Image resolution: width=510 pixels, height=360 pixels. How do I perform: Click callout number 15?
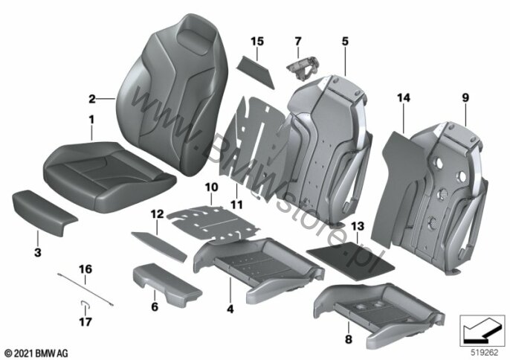click(x=257, y=42)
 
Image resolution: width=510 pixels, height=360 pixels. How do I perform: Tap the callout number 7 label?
click(x=298, y=42)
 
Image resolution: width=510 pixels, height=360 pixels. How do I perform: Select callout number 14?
click(x=403, y=97)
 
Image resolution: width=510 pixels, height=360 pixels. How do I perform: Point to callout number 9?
click(x=465, y=97)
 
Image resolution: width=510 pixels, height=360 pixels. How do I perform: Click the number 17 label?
click(x=85, y=322)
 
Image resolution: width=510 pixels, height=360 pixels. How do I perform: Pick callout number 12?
click(x=157, y=214)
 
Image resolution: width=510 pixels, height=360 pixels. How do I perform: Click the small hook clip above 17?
click(x=85, y=303)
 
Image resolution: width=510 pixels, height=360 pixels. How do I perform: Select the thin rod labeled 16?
click(x=85, y=290)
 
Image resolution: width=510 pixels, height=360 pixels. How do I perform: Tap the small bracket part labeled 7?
click(x=303, y=68)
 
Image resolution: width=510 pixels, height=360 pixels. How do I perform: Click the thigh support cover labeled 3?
click(x=44, y=211)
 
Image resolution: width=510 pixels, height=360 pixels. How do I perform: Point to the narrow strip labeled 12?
click(x=159, y=246)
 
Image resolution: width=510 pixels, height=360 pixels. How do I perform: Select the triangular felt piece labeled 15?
click(x=255, y=71)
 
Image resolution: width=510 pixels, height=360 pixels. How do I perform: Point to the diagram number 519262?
click(x=485, y=353)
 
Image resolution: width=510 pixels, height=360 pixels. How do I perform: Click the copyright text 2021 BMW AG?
click(x=36, y=353)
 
